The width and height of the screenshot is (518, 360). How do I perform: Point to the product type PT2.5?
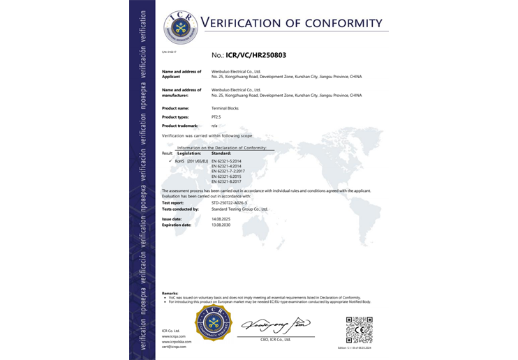pos(216,117)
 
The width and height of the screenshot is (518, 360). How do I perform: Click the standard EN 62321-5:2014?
pos(225,161)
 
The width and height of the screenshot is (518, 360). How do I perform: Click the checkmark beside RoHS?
pos(170,161)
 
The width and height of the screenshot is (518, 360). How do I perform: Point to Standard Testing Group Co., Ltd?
pos(239,209)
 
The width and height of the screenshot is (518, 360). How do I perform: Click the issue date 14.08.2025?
pos(221,218)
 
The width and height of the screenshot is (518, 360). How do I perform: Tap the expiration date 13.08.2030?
pos(221,225)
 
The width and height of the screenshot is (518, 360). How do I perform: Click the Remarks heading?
pos(170,293)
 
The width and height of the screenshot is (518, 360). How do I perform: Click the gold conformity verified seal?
pos(213,323)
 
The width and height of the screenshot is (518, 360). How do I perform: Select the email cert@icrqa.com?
pos(172,347)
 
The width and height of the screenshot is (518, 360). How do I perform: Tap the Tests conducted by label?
pos(180,209)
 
